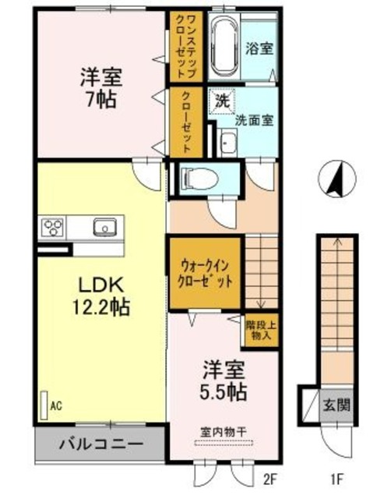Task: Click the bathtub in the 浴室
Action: (x=224, y=46)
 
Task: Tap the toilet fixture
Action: (x=199, y=179)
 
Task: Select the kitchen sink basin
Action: (x=104, y=227)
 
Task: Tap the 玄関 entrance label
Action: (x=336, y=405)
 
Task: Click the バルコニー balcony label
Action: (x=101, y=444)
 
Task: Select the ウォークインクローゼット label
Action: (x=205, y=274)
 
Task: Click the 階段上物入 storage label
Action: (x=261, y=331)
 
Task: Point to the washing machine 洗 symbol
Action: (x=223, y=101)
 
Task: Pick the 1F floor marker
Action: (x=336, y=478)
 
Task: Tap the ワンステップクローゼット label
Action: (x=186, y=47)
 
